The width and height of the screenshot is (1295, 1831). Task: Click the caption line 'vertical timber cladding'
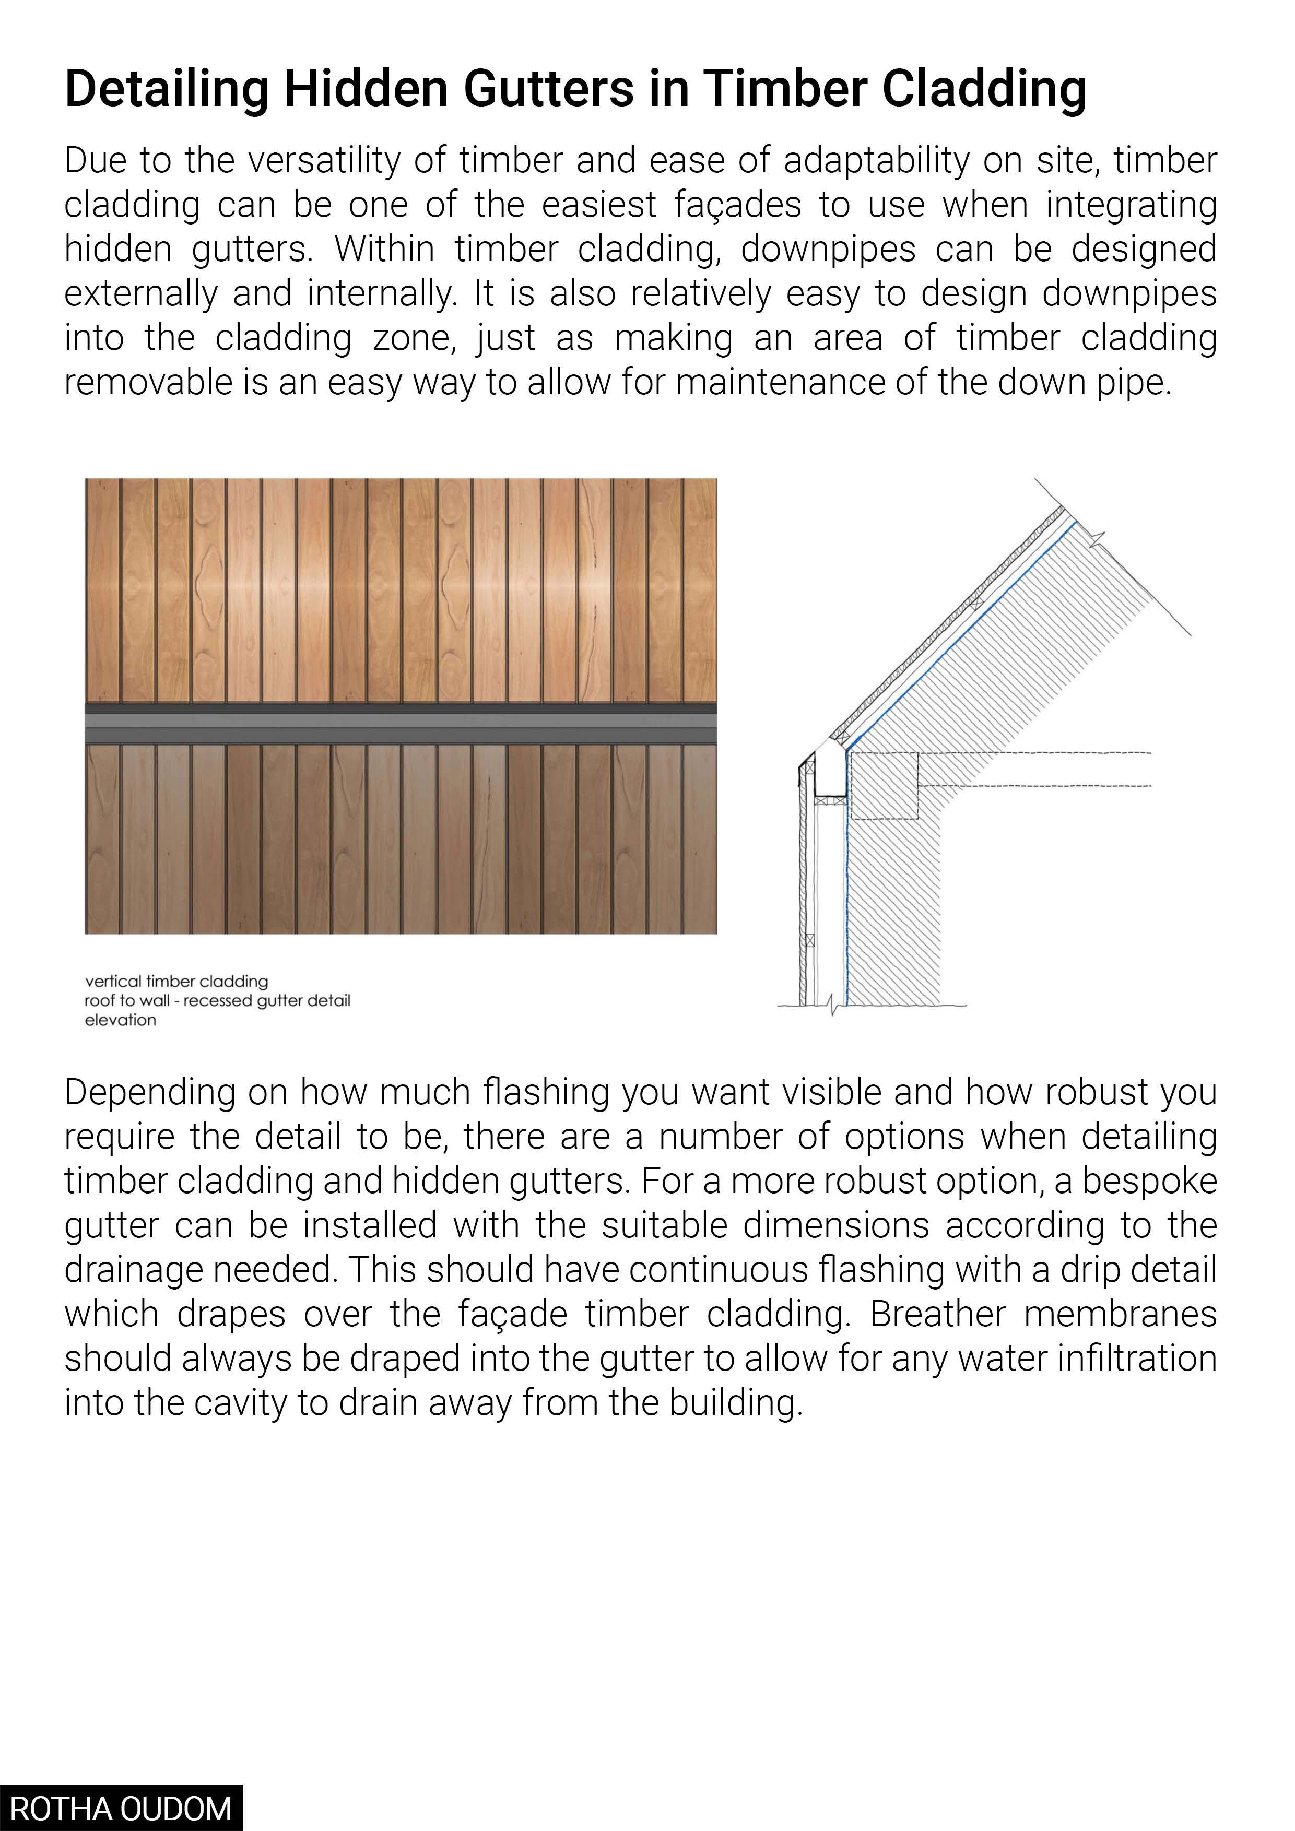click(x=176, y=981)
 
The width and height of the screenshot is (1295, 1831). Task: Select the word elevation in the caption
click(x=121, y=1020)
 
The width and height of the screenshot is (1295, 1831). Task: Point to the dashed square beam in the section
click(x=885, y=786)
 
